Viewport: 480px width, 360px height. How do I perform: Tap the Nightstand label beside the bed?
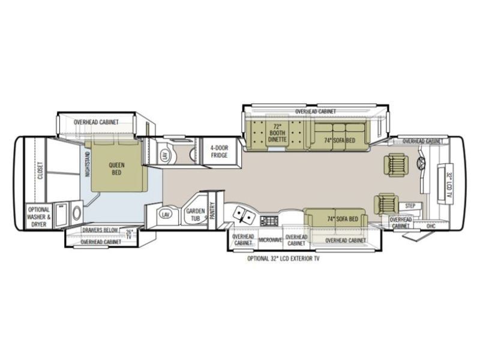click(x=88, y=163)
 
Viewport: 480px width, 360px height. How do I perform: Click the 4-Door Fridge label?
click(x=219, y=152)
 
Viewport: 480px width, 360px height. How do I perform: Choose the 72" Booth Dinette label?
click(x=277, y=132)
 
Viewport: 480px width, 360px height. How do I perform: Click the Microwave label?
click(x=270, y=240)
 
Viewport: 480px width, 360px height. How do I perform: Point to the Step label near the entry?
click(x=410, y=206)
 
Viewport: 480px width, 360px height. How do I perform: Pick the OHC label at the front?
click(x=430, y=226)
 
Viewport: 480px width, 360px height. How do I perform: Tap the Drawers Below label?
click(x=101, y=230)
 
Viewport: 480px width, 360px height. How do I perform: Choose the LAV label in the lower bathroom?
click(x=166, y=214)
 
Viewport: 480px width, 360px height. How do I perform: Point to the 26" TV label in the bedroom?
click(x=129, y=233)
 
